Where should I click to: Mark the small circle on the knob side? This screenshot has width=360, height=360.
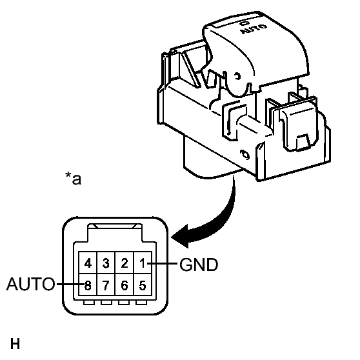pyautogui.click(x=237, y=75)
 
